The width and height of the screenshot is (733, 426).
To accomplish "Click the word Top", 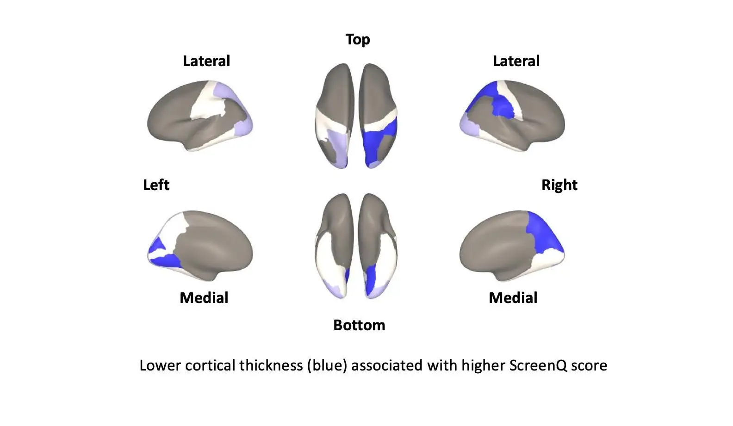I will click(x=358, y=40).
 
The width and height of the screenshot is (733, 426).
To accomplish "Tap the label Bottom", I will click(x=359, y=325).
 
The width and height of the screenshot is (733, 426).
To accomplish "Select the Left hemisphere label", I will click(x=156, y=185).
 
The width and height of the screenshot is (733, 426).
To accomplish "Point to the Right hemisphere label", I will click(x=559, y=185).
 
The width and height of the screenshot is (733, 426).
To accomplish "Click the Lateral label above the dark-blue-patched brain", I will click(x=516, y=61).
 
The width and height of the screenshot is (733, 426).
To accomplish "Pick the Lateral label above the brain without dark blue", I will click(x=206, y=61).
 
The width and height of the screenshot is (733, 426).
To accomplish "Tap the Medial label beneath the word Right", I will click(x=513, y=298).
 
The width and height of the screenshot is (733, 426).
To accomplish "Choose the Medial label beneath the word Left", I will click(x=204, y=298).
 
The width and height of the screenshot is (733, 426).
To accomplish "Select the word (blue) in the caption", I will click(x=327, y=365).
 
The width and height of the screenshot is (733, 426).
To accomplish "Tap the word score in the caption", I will click(x=589, y=365).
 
